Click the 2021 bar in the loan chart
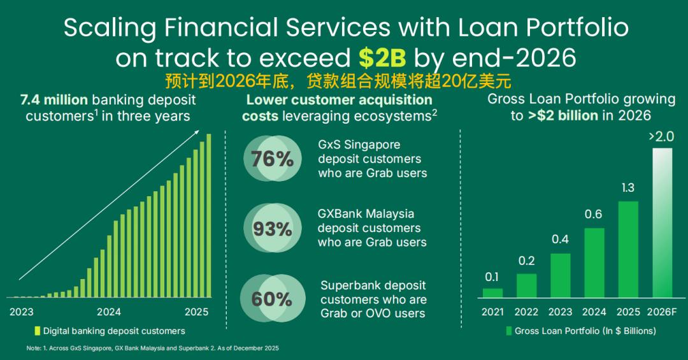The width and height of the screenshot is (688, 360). (492, 293)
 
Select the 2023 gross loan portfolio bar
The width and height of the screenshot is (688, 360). (561, 275)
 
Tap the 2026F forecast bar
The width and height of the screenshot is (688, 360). (662, 222)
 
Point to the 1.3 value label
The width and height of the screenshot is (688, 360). (628, 188)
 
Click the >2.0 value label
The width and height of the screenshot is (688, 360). (661, 137)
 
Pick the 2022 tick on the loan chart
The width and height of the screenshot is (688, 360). (526, 312)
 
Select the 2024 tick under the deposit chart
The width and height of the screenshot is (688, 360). (109, 312)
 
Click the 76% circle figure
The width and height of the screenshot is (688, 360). (273, 159)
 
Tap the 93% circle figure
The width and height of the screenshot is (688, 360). (273, 228)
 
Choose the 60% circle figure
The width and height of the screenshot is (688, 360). (273, 299)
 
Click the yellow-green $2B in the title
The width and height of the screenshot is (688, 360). (382, 57)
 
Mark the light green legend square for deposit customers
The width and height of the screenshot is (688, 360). (38, 331)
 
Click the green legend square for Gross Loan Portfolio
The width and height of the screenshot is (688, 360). (509, 331)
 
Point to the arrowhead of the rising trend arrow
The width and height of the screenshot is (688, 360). (198, 132)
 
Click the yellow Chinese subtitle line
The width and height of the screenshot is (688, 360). (338, 81)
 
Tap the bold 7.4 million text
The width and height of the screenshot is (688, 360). (54, 99)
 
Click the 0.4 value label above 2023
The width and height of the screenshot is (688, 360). (561, 240)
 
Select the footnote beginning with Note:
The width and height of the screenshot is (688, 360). (152, 348)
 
